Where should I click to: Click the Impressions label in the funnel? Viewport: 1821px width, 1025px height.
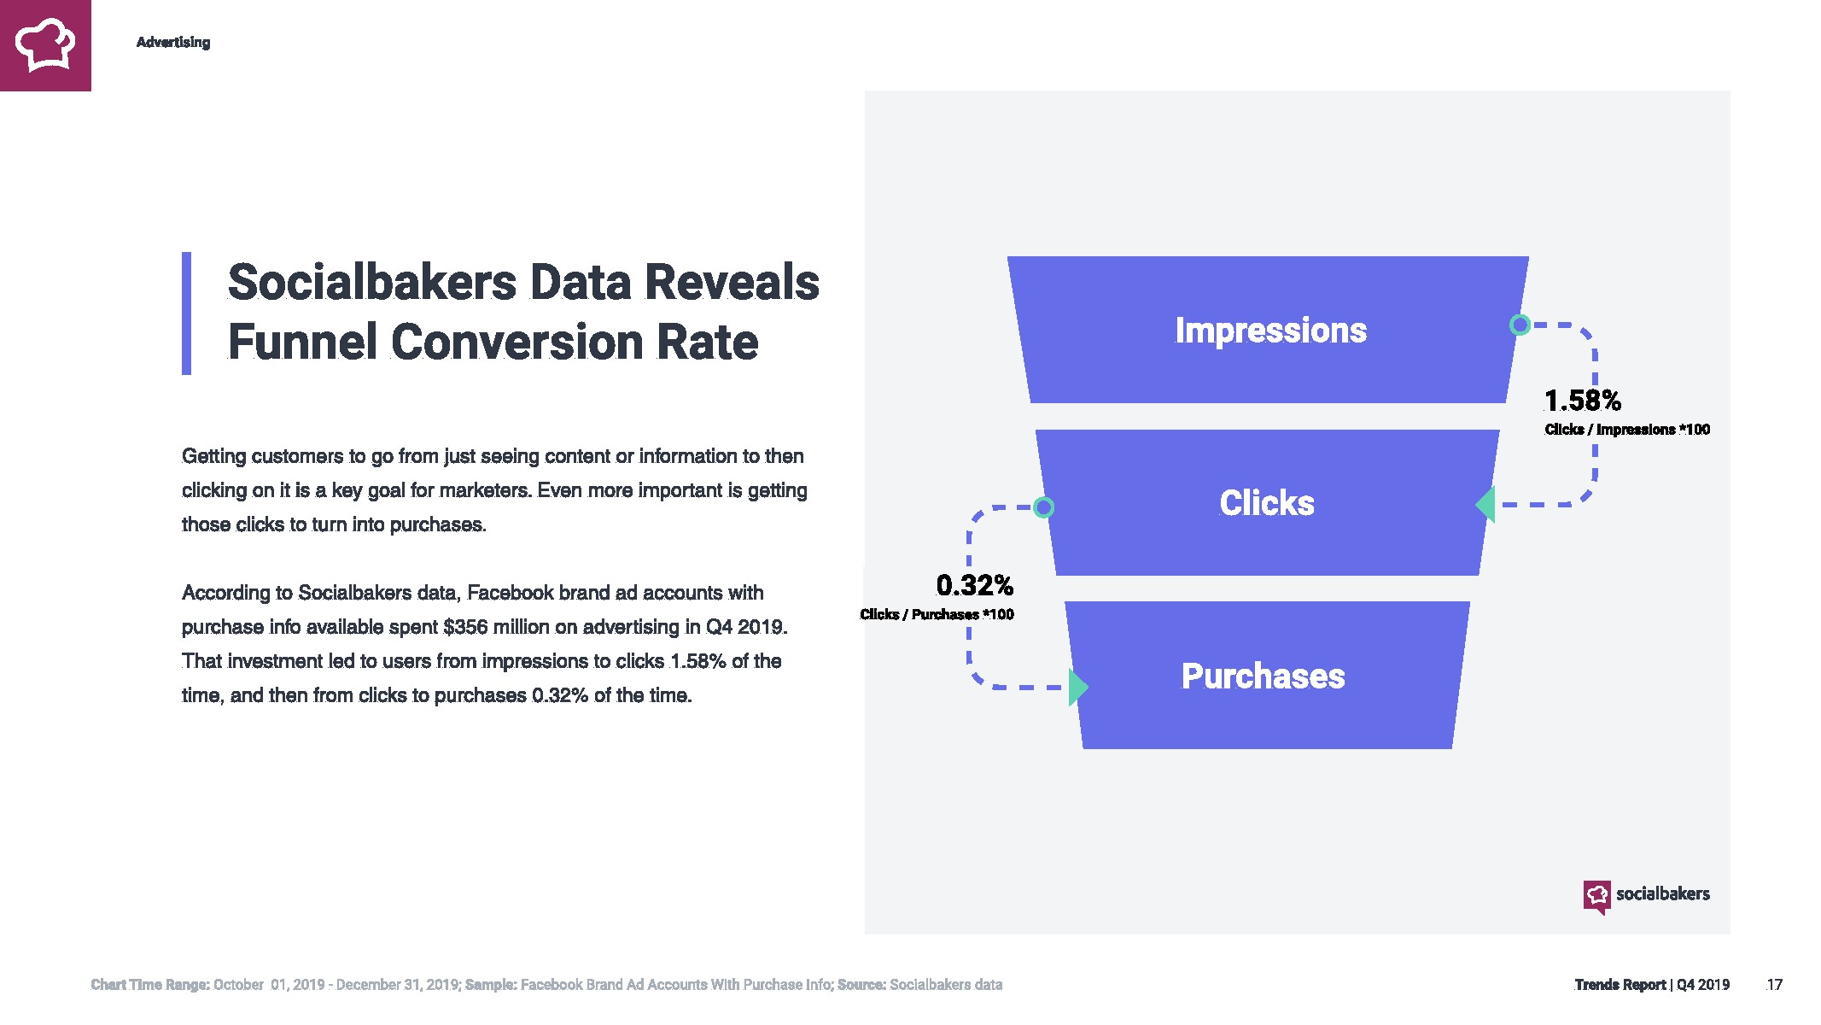1270,331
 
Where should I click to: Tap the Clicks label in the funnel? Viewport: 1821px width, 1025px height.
1267,503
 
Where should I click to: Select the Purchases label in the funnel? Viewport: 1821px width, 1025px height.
1263,676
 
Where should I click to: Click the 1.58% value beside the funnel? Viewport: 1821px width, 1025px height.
1582,401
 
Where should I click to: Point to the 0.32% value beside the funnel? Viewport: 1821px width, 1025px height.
974,585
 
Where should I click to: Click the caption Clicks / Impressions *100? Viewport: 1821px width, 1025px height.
1627,430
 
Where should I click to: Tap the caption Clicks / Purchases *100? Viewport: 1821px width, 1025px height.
937,614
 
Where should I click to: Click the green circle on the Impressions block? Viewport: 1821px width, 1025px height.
1520,325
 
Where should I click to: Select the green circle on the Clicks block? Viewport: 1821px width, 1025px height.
1043,507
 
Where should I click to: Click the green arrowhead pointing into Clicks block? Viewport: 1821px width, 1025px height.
1485,504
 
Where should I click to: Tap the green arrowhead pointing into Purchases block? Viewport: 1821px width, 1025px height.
1078,687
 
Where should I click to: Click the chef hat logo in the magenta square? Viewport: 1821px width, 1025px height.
45,44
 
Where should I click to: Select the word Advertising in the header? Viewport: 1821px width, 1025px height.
173,43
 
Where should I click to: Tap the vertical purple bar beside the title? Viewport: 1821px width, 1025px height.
186,313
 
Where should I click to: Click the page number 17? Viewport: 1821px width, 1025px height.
1774,985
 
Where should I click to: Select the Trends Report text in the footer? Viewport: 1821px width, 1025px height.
1620,985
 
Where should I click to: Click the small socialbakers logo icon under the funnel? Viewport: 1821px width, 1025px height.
1596,897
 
